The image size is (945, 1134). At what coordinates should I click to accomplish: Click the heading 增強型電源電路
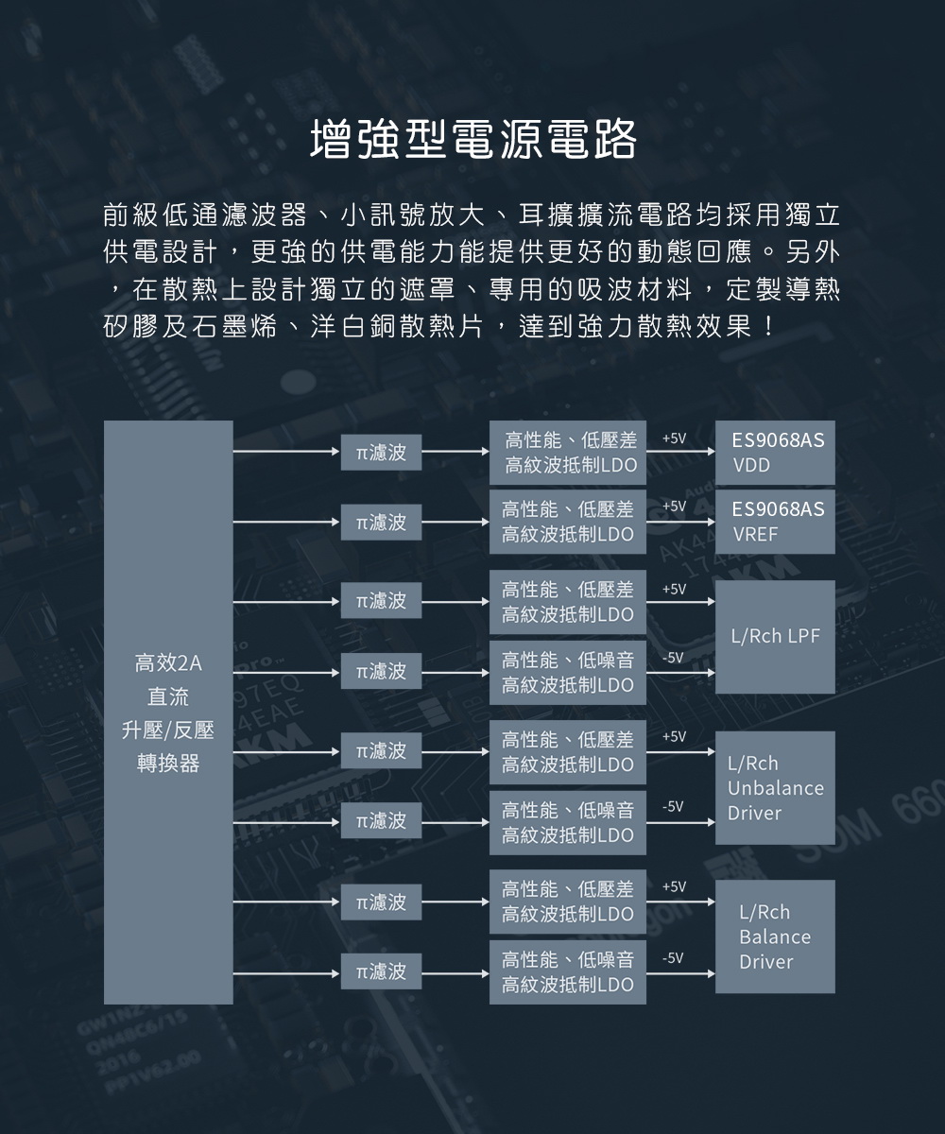(x=472, y=140)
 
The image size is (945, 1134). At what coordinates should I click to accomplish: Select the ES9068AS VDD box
(x=775, y=453)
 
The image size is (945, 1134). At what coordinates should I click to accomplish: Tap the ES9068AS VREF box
(x=775, y=522)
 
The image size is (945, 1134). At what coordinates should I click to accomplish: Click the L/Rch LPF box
(x=775, y=637)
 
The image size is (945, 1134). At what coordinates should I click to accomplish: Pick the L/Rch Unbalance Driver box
(x=775, y=788)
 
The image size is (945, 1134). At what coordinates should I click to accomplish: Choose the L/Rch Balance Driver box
(x=775, y=936)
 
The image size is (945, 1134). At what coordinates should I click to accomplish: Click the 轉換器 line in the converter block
(x=168, y=763)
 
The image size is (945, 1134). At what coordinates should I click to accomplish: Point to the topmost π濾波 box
(x=381, y=453)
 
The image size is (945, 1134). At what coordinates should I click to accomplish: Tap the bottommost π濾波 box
(x=381, y=971)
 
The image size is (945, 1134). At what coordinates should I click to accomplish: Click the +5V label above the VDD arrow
(x=674, y=438)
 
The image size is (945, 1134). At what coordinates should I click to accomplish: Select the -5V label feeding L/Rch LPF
(x=673, y=658)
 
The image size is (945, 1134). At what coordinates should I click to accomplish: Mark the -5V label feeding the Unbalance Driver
(x=673, y=806)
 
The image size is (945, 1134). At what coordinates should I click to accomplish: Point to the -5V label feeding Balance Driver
(x=673, y=957)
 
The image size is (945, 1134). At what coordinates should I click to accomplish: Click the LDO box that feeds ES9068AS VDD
(x=568, y=453)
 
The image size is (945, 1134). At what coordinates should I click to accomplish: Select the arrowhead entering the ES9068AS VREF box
(x=711, y=522)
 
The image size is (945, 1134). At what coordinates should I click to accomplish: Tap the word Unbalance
(x=776, y=788)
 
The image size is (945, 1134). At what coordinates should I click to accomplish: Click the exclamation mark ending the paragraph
(x=768, y=326)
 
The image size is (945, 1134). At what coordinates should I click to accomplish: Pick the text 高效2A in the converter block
(x=168, y=663)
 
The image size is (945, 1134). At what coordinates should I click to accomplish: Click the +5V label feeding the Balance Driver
(x=674, y=887)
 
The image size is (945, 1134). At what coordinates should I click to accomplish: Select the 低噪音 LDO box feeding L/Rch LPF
(x=568, y=672)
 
